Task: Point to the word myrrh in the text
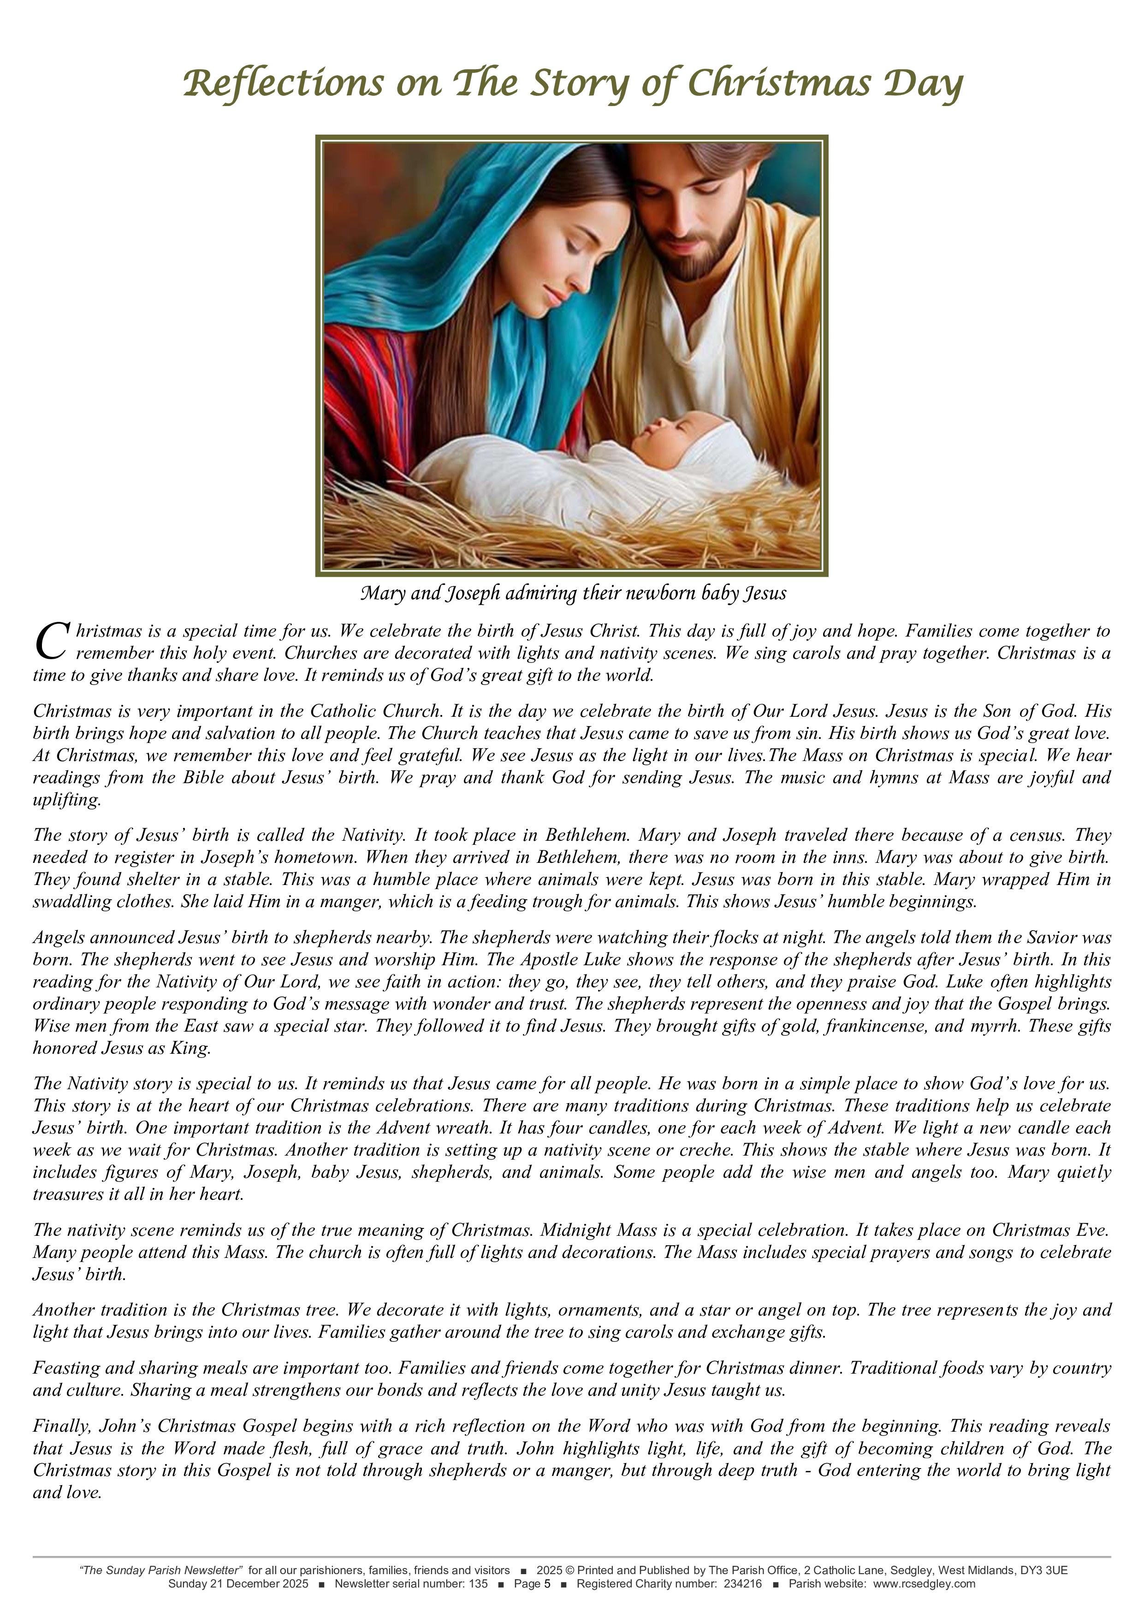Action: pos(996,1026)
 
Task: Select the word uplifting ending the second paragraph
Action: pos(67,800)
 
